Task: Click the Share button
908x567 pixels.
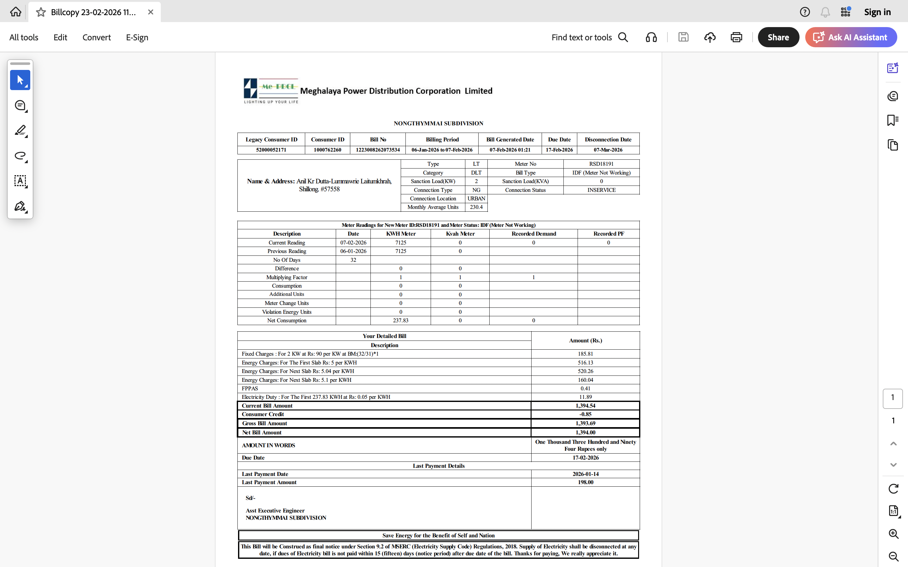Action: (778, 37)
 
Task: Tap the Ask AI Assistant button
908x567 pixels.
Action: (851, 37)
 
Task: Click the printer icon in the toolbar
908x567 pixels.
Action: (736, 37)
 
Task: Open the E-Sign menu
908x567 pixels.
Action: (137, 37)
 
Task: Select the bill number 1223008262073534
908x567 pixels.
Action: (377, 150)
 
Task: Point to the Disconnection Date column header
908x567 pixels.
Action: (608, 140)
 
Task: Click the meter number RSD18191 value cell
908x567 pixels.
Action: (601, 164)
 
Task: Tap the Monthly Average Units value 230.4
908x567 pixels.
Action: (476, 207)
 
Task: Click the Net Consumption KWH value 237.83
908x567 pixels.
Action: (400, 321)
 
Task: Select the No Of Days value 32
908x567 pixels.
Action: (353, 260)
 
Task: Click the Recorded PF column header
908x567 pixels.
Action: (608, 234)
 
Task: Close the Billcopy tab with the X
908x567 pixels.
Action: (151, 12)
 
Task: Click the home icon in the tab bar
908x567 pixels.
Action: (16, 12)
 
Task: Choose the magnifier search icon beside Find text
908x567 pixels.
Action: (623, 37)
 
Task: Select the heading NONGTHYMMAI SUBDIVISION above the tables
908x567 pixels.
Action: (438, 123)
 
